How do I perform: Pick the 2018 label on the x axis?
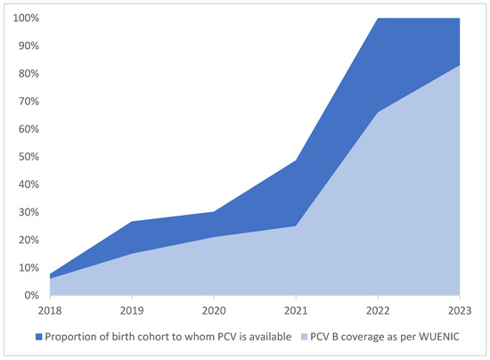click(49, 309)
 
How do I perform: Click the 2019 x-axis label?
click(132, 309)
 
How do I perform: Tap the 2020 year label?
click(214, 309)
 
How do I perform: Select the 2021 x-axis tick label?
click(296, 309)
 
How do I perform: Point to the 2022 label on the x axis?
click(378, 309)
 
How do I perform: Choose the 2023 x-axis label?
click(459, 309)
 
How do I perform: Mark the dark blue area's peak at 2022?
click(378, 19)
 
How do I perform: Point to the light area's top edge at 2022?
click(378, 112)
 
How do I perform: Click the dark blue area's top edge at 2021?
click(296, 160)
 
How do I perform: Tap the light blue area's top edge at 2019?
click(132, 254)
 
